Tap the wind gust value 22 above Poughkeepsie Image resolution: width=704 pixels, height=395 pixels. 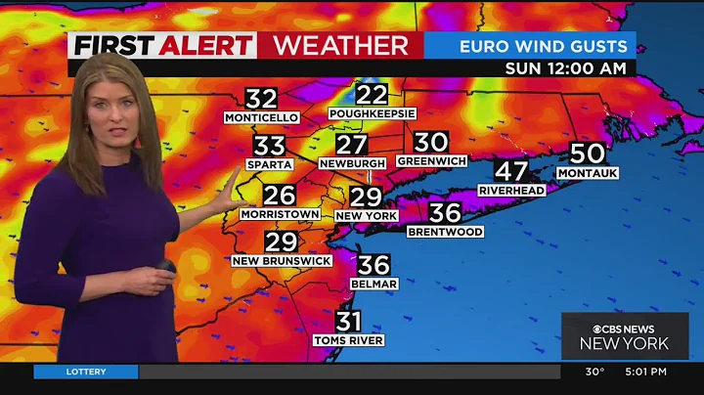372,94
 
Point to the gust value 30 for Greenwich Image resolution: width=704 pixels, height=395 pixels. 430,142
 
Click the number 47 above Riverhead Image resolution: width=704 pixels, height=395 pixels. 511,169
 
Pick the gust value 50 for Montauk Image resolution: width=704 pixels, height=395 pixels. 588,153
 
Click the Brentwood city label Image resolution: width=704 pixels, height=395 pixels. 445,232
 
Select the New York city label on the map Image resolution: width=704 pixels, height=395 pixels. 365,215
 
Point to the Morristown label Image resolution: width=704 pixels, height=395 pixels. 280,213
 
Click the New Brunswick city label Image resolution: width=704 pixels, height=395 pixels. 282,261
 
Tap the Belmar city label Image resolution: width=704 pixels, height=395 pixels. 374,284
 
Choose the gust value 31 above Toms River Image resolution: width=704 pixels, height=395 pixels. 349,320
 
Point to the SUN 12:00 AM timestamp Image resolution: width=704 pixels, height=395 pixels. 570,68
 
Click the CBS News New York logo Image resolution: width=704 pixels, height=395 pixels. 624,335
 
